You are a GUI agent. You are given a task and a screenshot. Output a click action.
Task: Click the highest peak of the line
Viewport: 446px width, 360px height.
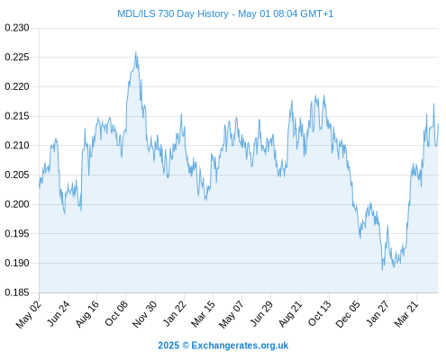[136, 52]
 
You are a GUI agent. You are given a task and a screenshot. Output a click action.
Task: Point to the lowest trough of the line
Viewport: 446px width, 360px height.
[382, 270]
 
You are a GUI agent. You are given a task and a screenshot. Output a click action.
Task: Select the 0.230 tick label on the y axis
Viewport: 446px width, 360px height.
[17, 28]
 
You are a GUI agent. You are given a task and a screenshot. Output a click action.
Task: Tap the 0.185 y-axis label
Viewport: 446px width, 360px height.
[17, 292]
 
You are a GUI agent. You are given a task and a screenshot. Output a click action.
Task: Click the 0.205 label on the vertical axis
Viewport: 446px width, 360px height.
[17, 175]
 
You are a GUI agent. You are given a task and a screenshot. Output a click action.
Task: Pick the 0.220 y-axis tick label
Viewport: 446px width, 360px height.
[17, 86]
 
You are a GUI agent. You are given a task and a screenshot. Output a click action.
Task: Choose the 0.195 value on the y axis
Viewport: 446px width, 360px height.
[17, 233]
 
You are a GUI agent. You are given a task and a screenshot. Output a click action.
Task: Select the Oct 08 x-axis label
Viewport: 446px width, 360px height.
[116, 313]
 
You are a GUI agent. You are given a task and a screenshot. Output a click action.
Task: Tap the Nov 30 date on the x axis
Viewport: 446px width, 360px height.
[144, 314]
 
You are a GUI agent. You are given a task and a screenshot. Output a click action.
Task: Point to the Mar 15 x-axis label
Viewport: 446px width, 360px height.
[203, 314]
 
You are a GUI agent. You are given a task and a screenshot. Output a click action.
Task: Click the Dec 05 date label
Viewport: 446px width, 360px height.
[348, 314]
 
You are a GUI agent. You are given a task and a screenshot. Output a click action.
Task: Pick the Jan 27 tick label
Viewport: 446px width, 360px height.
[378, 313]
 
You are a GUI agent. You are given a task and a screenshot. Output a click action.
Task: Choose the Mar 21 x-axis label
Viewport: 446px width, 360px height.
[406, 314]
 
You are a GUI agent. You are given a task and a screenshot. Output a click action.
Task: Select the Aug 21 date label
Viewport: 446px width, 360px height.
[290, 314]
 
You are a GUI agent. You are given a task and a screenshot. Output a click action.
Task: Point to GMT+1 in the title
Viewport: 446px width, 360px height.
[316, 13]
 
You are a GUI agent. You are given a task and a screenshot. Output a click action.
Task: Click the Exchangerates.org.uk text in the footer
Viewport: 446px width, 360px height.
[240, 346]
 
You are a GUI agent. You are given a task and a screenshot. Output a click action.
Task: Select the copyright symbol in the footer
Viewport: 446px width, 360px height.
[186, 346]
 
